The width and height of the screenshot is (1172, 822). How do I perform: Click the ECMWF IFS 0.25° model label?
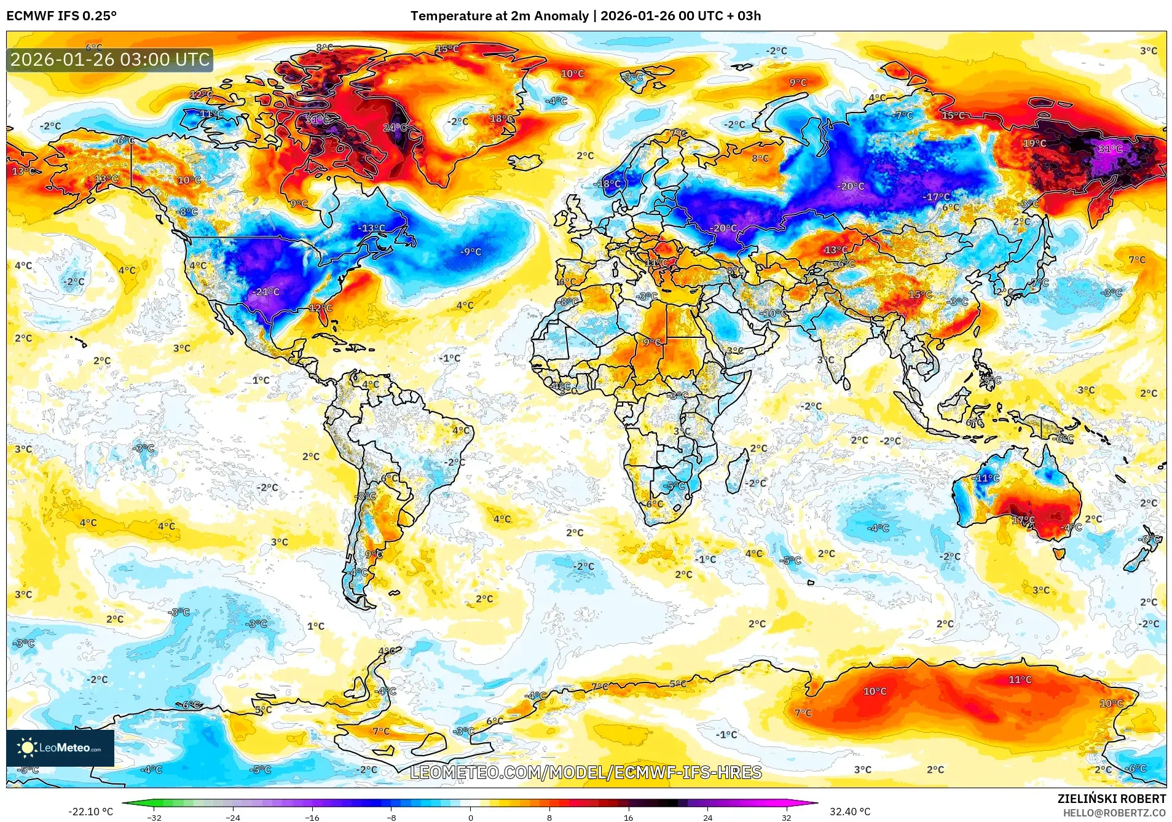pos(61,16)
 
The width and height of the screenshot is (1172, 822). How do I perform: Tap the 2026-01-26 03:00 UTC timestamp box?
pos(110,60)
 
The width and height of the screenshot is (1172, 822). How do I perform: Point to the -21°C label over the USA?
pos(267,292)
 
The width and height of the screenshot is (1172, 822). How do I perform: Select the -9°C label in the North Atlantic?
pos(471,252)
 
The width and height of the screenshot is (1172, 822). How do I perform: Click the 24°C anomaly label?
pos(395,127)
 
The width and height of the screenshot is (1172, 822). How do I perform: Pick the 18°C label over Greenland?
pos(501,119)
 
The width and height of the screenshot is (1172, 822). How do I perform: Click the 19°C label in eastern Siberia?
pos(1034,143)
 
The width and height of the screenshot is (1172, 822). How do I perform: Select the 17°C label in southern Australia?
pos(1023,520)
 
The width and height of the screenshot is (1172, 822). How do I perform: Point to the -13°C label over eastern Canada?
pos(372,228)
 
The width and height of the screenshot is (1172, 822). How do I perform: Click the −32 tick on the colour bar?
pos(154,818)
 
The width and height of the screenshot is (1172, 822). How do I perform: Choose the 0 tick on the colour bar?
pos(471,818)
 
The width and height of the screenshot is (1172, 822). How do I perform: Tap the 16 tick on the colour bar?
pos(628,818)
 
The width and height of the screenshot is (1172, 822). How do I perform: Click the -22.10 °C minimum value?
pos(91,812)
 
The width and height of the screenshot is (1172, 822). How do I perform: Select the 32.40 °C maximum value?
pos(850,812)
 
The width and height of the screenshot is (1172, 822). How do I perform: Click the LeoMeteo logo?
pos(60,748)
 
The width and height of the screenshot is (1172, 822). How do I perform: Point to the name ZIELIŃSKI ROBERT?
pos(1111,799)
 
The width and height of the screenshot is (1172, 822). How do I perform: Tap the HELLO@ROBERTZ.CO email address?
pos(1114,813)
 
